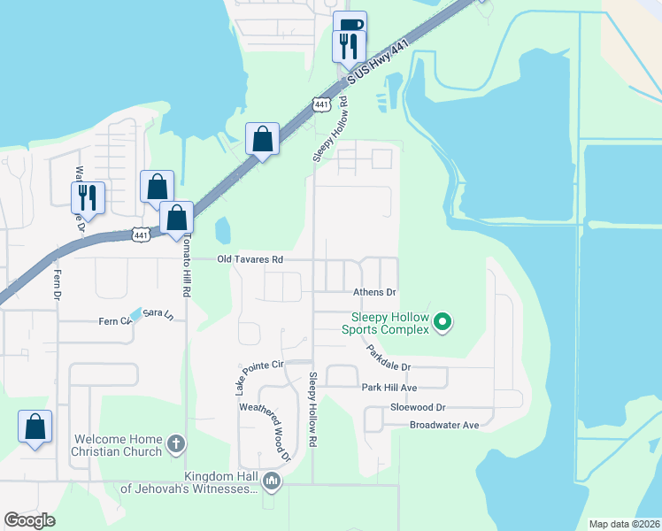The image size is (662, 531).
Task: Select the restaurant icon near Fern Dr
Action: (89, 196)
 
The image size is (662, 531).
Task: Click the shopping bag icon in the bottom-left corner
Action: (35, 426)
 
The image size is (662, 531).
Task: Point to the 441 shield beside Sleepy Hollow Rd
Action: (321, 104)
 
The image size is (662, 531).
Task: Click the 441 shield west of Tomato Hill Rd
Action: (141, 234)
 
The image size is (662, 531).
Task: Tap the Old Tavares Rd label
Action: (251, 260)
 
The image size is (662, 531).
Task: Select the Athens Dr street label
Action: (374, 292)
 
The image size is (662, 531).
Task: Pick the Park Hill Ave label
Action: (389, 388)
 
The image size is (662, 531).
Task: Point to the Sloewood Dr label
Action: (418, 408)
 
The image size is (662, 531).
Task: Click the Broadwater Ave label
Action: (443, 426)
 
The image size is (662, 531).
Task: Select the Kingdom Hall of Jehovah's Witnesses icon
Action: (272, 482)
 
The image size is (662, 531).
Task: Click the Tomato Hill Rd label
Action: (187, 266)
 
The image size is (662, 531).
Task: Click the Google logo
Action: (29, 519)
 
